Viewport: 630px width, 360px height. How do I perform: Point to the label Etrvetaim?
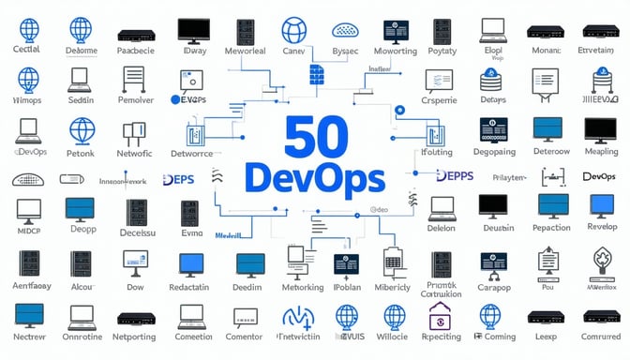coord(599,50)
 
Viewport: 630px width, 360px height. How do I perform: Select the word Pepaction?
coord(550,228)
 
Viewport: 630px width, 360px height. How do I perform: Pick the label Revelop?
coord(601,228)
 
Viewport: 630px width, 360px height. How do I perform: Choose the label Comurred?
coord(600,335)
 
